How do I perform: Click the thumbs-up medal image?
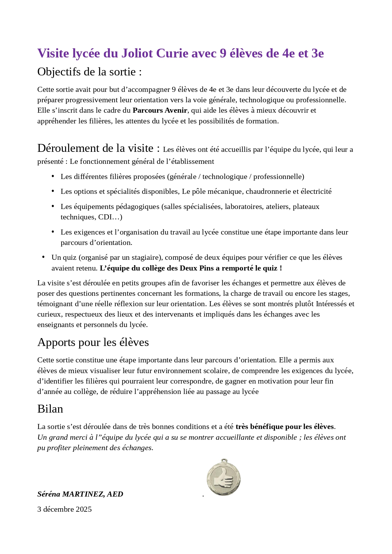click(224, 477)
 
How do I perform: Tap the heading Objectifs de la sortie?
click(89, 72)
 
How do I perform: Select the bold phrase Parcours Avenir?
click(160, 110)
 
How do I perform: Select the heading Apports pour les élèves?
click(93, 342)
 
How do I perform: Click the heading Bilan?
click(50, 409)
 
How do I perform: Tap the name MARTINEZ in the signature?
click(83, 494)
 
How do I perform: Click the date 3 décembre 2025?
click(64, 509)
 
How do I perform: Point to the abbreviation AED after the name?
click(115, 494)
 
